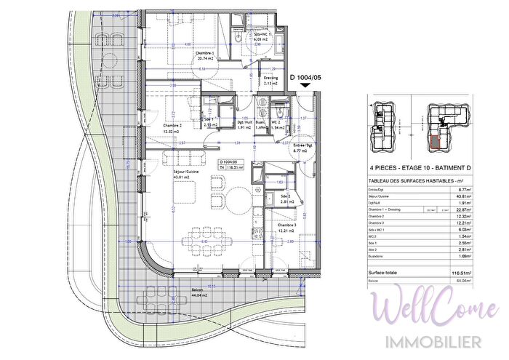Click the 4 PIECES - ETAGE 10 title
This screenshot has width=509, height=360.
[x=407, y=167]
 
